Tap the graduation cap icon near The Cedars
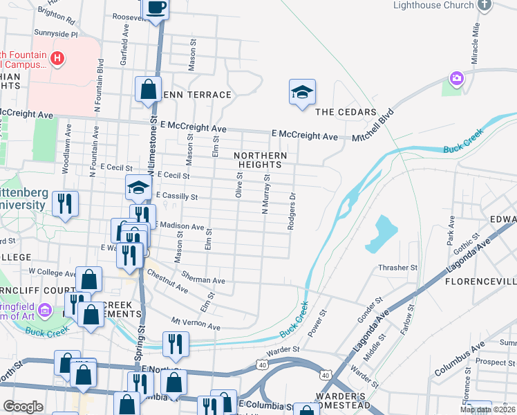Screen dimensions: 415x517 tap(302, 92)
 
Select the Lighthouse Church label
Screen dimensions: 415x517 tap(433, 5)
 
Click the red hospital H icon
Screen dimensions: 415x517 tap(57, 59)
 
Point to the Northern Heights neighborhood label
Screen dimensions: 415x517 tap(260, 160)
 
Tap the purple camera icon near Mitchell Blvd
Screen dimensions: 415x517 tap(455, 78)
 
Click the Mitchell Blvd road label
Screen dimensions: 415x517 tap(373, 124)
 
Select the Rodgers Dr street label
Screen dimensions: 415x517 tap(293, 211)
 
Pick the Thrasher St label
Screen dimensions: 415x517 tap(398, 268)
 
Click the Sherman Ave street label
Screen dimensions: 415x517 tap(203, 277)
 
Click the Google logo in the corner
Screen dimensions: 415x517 tap(23, 406)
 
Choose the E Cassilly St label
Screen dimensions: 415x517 tap(177, 197)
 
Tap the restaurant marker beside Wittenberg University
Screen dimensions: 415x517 tap(66, 203)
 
